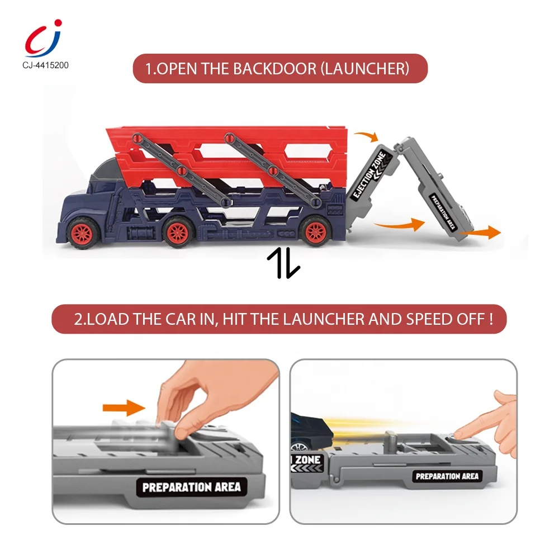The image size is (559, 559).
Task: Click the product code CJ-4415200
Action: coord(42,65)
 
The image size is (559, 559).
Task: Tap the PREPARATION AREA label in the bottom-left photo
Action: coord(191,486)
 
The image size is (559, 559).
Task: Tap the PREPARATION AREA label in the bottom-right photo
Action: coord(447,476)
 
